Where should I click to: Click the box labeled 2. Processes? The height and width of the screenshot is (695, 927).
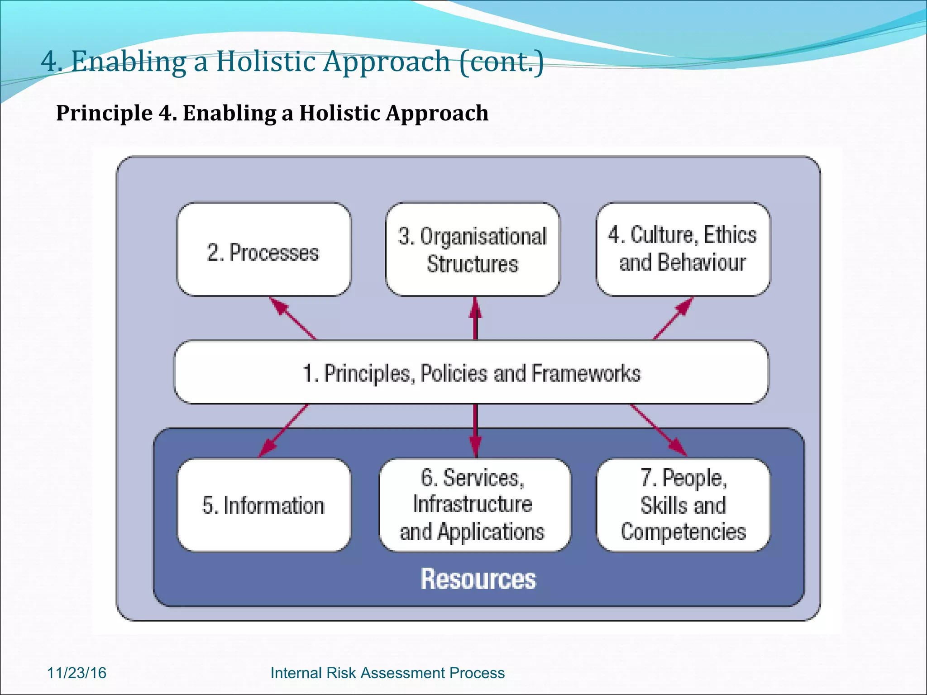263,250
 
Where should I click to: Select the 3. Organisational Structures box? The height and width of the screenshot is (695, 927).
473,250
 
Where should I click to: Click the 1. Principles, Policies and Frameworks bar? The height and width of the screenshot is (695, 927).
471,373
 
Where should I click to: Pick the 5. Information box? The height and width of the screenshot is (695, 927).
263,505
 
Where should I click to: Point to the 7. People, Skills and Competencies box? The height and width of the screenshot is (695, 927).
683,505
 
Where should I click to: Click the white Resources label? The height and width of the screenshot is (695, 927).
478,579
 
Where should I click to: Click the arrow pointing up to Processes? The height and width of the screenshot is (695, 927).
292,318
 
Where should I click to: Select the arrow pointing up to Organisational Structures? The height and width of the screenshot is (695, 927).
475,318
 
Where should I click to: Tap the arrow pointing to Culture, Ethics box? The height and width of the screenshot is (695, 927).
673,318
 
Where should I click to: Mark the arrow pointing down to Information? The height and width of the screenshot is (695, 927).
284,430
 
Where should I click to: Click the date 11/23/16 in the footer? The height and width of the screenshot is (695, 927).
76,673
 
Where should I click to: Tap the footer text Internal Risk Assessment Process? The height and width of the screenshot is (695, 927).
387,673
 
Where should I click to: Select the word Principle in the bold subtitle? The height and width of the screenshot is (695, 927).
104,113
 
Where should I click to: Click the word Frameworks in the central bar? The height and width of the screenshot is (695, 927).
586,374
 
